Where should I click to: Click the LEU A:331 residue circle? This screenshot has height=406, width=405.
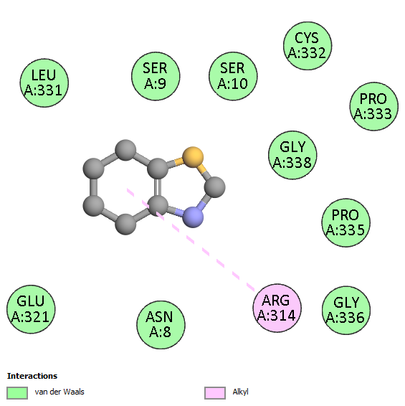[x=44, y=83]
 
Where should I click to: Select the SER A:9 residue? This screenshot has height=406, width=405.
[x=156, y=76]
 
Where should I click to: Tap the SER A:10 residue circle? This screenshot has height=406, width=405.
[x=233, y=76]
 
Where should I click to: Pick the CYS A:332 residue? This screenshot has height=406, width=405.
[x=308, y=46]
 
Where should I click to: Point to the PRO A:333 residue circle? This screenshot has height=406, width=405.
[x=374, y=106]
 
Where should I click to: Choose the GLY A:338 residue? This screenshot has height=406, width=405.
[x=292, y=155]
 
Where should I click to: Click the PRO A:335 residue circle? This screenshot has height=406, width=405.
[x=346, y=222]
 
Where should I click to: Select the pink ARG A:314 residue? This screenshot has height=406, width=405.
[x=277, y=308]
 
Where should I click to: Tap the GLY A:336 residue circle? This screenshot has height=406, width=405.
[x=346, y=310]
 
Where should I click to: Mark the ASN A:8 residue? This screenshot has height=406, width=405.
[x=161, y=325]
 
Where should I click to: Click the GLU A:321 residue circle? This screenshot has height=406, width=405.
[x=31, y=309]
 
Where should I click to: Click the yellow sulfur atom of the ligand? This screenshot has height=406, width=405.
[x=193, y=157]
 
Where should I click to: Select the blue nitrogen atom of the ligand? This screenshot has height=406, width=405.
[x=193, y=217]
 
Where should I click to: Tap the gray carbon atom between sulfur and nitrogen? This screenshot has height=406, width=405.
[x=215, y=187]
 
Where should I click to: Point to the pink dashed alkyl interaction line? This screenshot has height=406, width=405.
[x=191, y=240]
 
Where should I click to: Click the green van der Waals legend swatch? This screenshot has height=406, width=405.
[x=17, y=393]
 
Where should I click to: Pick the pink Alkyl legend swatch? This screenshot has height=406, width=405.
[x=215, y=393]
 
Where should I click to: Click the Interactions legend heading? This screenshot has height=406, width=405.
[x=32, y=376]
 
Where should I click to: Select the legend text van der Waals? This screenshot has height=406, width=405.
[x=59, y=392]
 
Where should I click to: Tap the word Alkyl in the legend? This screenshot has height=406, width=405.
[x=240, y=392]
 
